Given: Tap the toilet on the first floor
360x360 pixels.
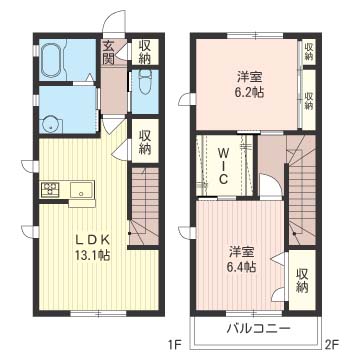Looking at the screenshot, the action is pos(145,82).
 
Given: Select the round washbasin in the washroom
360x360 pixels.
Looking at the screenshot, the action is pos(51,124).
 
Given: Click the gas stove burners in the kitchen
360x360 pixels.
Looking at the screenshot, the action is pos(50,190).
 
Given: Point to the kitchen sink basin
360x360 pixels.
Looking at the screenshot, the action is pos(82,190).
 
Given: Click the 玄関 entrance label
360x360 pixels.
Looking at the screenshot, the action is pos(109,52).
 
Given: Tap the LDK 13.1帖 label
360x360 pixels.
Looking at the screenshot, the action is pos(92,247).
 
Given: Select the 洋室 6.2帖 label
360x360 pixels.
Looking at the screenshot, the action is pos(250,85).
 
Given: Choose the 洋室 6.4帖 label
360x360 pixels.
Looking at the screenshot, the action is pos(242,259).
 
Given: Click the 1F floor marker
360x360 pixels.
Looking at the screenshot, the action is pos(173,344).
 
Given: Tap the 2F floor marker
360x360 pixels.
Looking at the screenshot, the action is pos(332,344).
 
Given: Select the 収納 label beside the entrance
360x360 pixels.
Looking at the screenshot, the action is pos(145,52).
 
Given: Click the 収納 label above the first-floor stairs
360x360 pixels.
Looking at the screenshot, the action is pos(145,142).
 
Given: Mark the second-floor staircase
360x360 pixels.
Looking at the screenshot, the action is pos(302,190).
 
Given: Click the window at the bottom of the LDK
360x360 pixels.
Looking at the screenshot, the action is pos(99,313).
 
